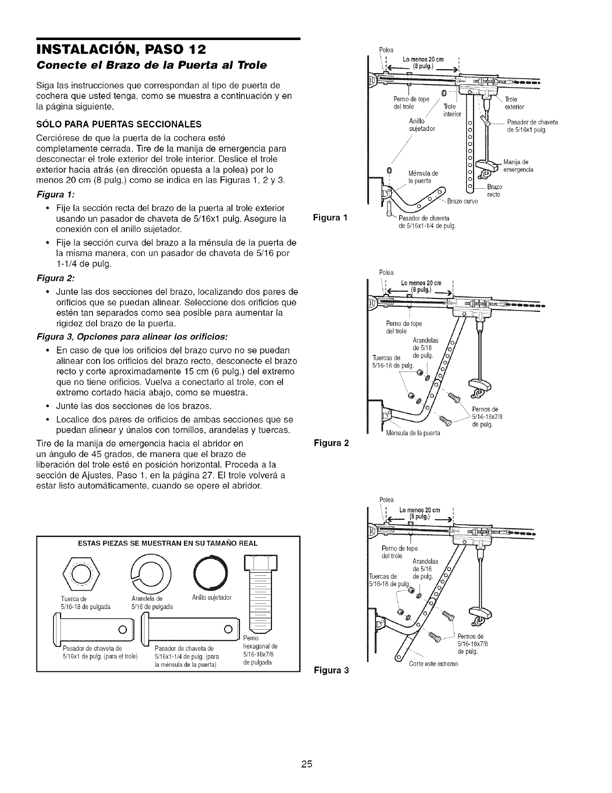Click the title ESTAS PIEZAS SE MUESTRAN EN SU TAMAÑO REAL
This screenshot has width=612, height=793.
point(168,543)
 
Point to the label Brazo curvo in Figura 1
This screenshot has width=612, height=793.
point(462,201)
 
